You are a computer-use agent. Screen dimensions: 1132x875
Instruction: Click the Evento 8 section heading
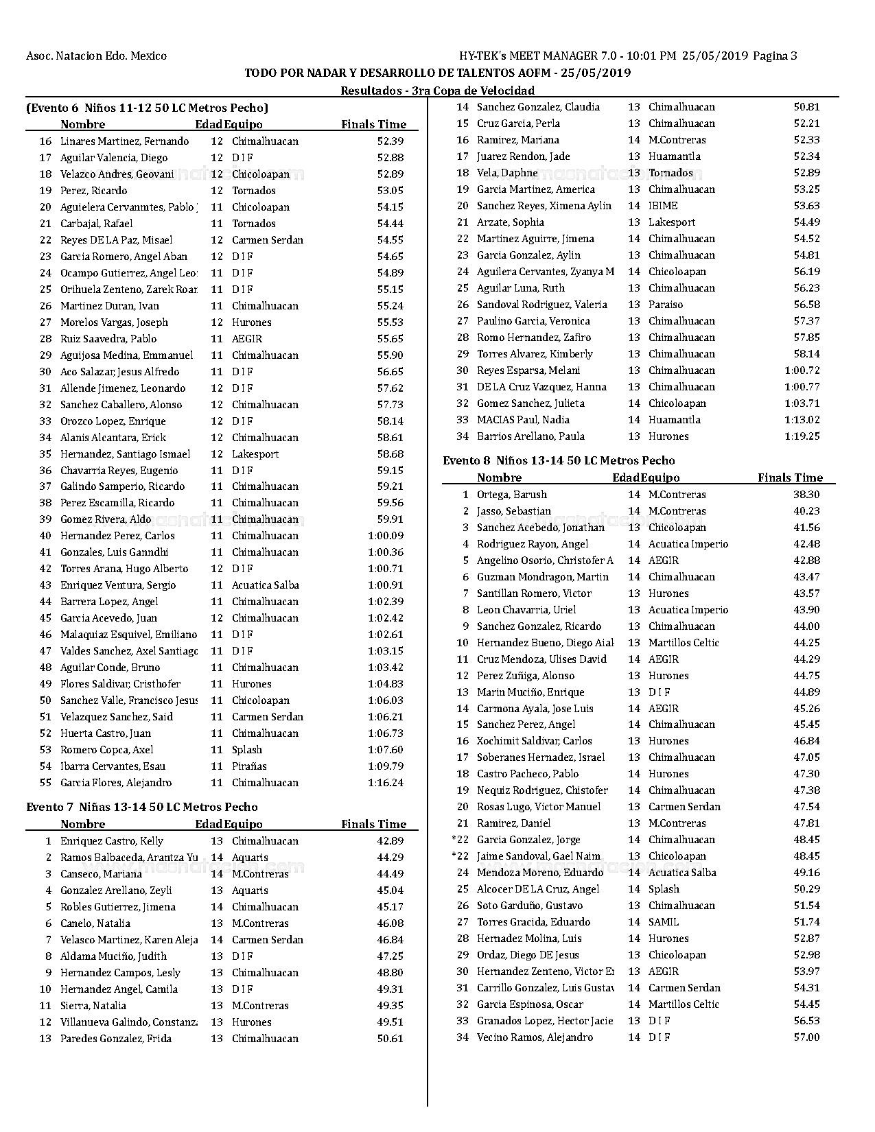[x=559, y=460]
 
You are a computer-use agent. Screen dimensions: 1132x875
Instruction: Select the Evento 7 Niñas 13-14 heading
[x=142, y=807]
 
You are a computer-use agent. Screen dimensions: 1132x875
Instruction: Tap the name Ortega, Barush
[x=511, y=494]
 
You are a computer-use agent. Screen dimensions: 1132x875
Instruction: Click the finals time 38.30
[x=806, y=494]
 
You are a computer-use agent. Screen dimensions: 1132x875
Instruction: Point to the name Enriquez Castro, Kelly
[x=112, y=840]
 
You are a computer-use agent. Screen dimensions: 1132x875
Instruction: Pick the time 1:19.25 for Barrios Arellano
[x=802, y=436]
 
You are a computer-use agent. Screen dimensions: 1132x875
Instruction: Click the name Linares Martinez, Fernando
[x=124, y=141]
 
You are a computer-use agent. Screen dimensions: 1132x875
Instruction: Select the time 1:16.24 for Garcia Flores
[x=386, y=782]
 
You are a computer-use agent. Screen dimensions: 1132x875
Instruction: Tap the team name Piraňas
[x=249, y=766]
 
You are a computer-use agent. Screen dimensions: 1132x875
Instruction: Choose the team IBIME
[x=662, y=205]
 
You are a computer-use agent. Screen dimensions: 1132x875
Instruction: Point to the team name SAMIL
[x=663, y=921]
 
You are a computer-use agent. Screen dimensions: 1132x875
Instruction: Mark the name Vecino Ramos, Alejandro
[x=535, y=1037]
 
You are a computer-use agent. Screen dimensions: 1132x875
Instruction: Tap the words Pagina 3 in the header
[x=775, y=56]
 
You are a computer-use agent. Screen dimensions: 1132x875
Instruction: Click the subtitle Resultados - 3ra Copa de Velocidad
[x=437, y=90]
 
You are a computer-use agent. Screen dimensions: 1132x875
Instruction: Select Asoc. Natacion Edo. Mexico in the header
[x=96, y=56]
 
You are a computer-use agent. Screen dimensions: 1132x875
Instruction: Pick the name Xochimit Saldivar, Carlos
[x=534, y=740]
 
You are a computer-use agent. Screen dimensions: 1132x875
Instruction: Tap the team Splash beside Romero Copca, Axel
[x=247, y=749]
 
